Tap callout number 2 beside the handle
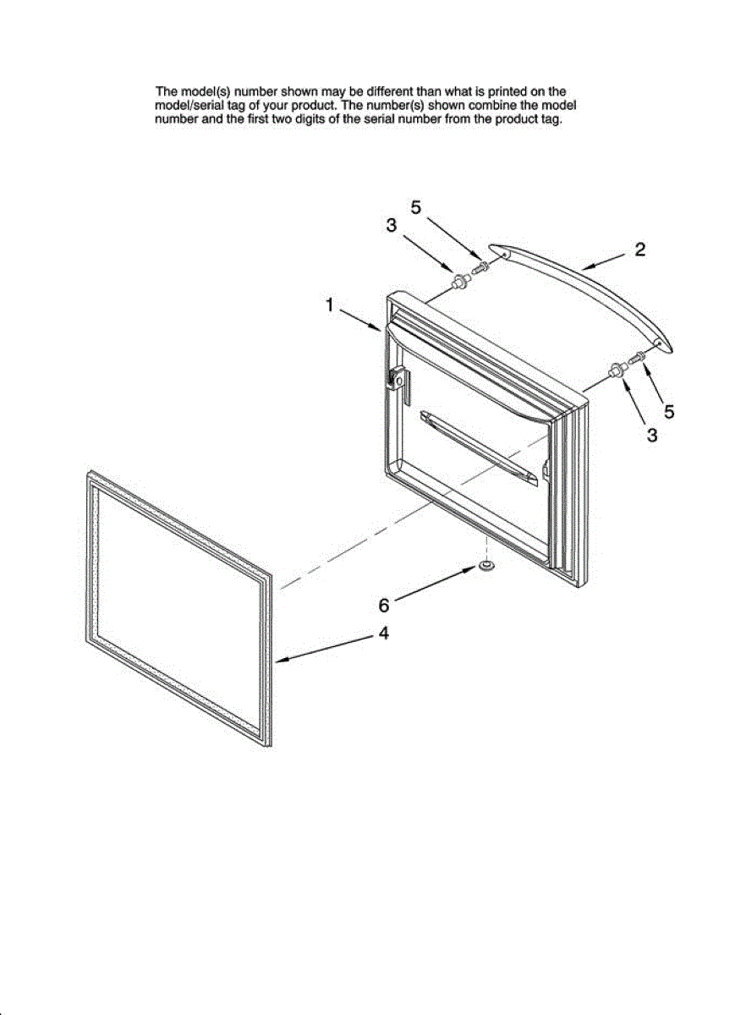640,250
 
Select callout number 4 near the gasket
383,633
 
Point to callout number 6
383,606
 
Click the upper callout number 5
417,206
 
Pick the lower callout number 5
668,412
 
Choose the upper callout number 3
391,225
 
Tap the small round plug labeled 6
486,564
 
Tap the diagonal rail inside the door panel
478,447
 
